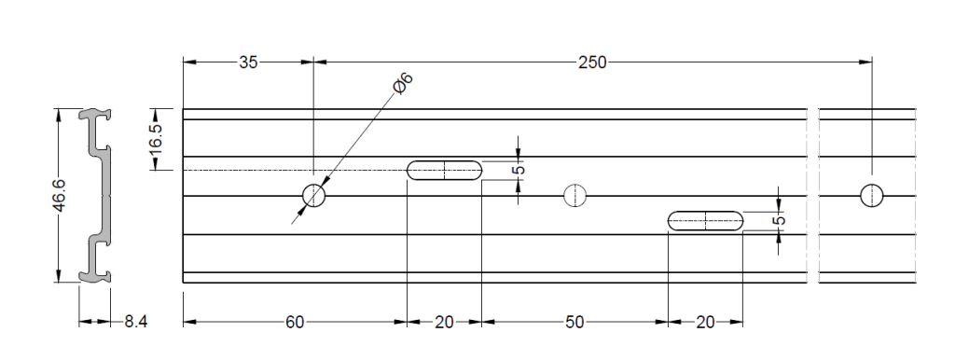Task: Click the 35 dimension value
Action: coord(248,62)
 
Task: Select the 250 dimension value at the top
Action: coord(591,62)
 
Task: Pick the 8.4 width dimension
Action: coord(136,323)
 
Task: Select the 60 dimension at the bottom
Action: coord(295,323)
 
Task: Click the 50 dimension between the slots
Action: coord(574,323)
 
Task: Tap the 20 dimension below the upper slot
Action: coord(444,323)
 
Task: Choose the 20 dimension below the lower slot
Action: coord(705,323)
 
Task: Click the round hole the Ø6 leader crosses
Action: coord(314,196)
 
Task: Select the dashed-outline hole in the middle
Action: coord(575,196)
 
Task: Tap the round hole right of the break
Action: coord(872,196)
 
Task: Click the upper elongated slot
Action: coord(445,170)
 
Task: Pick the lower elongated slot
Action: coord(706,221)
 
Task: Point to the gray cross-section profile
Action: coord(97,196)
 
